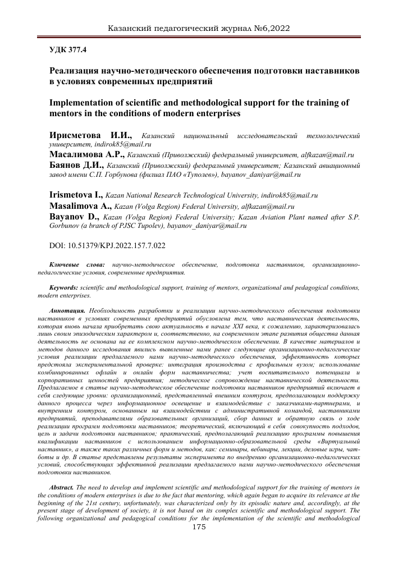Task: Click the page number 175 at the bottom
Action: click(x=199, y=527)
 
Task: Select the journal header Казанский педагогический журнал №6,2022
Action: click(x=198, y=27)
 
